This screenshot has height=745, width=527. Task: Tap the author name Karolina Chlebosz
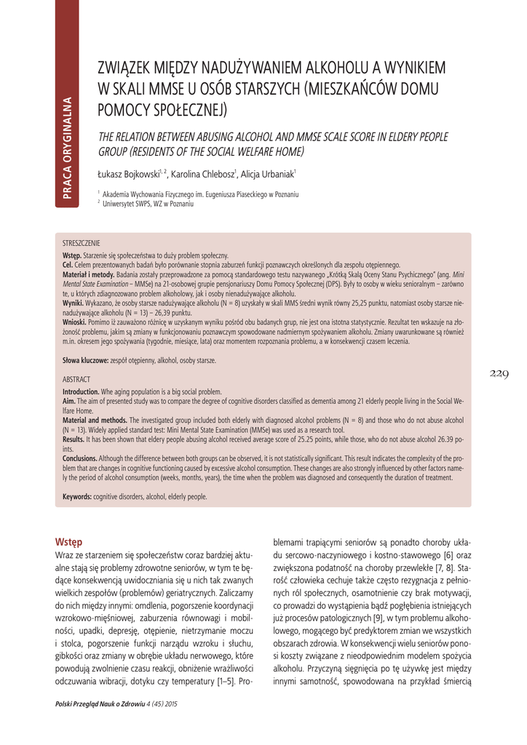click(x=202, y=175)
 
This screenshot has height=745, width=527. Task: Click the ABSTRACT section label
click(x=76, y=380)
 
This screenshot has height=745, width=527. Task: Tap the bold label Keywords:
click(x=78, y=496)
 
